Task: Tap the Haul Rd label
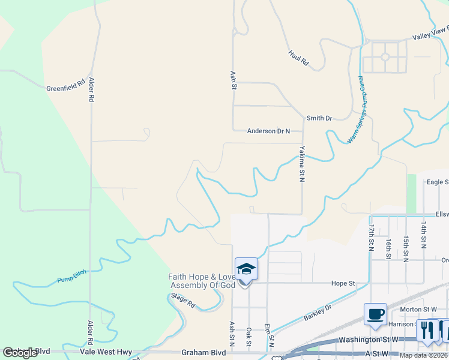click(x=298, y=58)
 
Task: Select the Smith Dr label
click(x=319, y=119)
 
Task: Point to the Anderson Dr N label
click(x=268, y=131)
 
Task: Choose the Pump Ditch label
click(x=72, y=276)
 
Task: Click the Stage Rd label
click(x=183, y=300)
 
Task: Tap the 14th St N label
click(x=424, y=234)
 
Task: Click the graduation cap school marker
click(x=246, y=269)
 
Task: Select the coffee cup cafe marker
click(x=375, y=314)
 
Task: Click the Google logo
click(x=20, y=353)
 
